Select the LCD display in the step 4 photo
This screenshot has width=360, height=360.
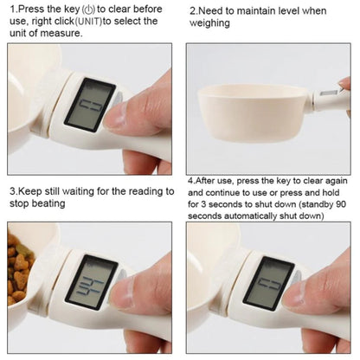click(x=270, y=282)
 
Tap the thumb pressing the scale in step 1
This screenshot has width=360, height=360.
click(x=147, y=108)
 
